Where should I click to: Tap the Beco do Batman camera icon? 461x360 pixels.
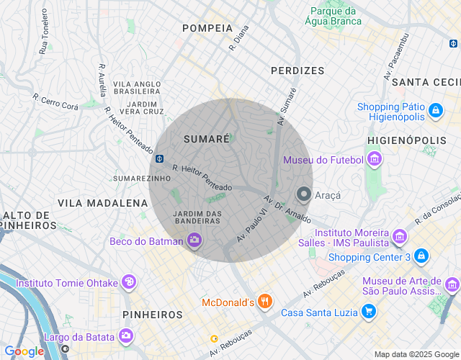pyautogui.click(x=194, y=241)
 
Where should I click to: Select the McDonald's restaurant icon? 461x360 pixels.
pyautogui.click(x=265, y=302)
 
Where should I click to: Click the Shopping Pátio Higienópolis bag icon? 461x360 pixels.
pyautogui.click(x=435, y=112)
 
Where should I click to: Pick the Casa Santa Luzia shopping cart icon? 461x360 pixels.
pyautogui.click(x=369, y=312)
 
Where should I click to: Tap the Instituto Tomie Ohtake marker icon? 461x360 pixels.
pyautogui.click(x=129, y=282)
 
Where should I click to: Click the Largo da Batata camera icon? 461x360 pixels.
pyautogui.click(x=126, y=336)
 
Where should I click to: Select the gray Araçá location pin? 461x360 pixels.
pyautogui.click(x=304, y=194)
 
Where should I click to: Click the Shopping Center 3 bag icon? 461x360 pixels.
pyautogui.click(x=421, y=257)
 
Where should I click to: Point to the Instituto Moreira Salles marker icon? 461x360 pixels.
pyautogui.click(x=400, y=235)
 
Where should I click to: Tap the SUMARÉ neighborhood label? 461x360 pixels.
pyautogui.click(x=206, y=138)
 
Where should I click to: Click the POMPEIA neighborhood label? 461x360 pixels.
pyautogui.click(x=207, y=28)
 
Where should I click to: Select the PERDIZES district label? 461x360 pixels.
pyautogui.click(x=297, y=71)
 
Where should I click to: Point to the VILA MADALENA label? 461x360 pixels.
pyautogui.click(x=102, y=203)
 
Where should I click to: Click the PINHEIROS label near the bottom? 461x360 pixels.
pyautogui.click(x=153, y=315)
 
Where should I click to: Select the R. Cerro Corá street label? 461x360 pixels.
pyautogui.click(x=55, y=102)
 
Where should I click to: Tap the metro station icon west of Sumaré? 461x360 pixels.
pyautogui.click(x=158, y=159)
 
